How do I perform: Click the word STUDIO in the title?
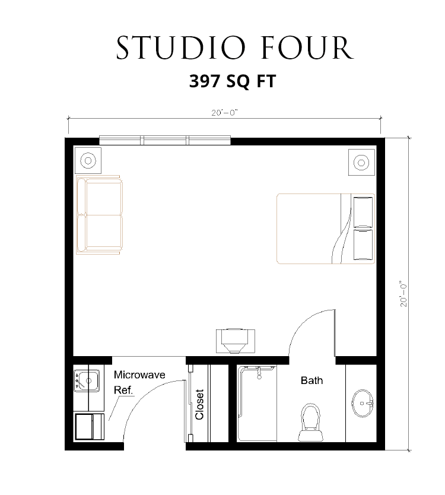181,48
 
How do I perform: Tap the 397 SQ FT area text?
233,81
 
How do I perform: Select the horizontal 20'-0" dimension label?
224,113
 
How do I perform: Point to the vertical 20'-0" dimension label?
403,294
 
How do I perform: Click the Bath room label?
312,380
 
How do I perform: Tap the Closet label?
199,404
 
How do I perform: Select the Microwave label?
139,375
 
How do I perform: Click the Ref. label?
123,390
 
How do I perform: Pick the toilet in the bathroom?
310,423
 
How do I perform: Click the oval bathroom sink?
363,403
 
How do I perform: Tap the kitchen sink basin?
87,380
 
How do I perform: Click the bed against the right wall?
326,229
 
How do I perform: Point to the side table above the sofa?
88,160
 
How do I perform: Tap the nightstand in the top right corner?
362,162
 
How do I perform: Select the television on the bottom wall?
235,341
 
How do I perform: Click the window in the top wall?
165,140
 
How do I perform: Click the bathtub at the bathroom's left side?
257,404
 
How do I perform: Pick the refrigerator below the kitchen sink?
90,427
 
